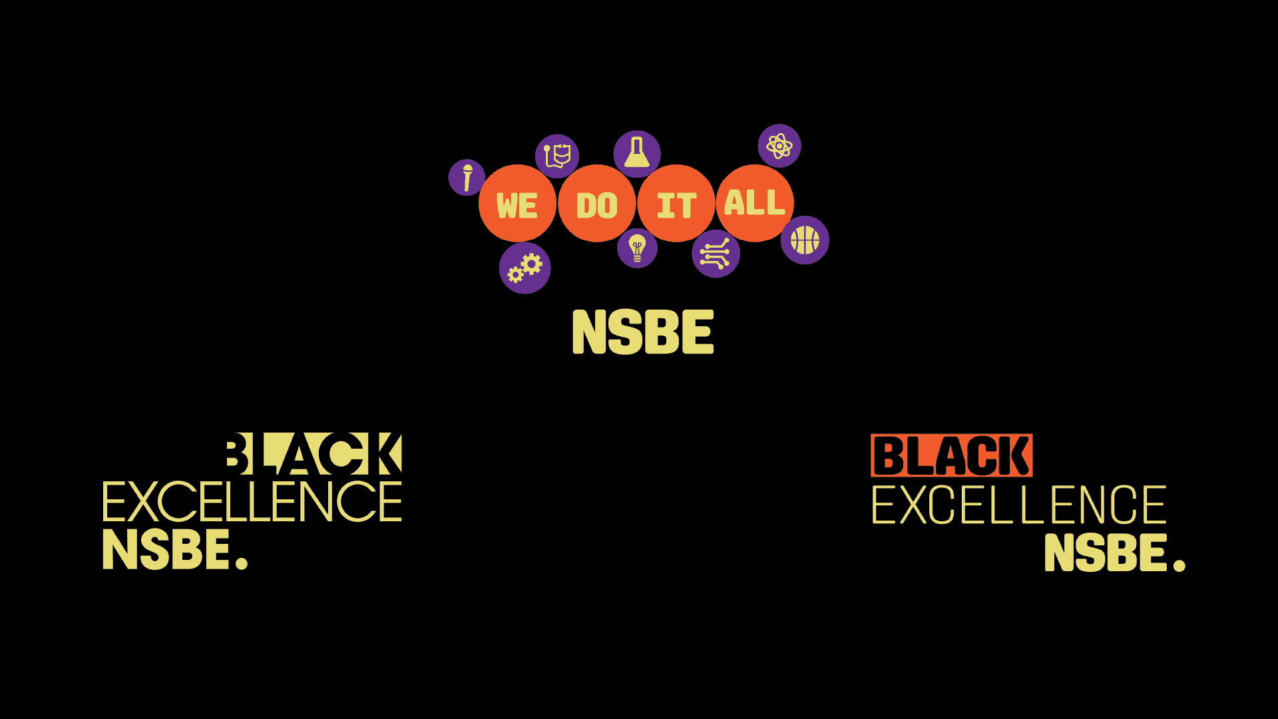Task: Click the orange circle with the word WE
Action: (x=517, y=204)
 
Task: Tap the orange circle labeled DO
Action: (x=597, y=204)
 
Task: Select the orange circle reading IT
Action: (x=676, y=204)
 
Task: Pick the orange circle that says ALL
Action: (x=755, y=202)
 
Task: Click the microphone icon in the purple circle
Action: (x=467, y=177)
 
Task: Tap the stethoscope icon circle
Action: (x=557, y=156)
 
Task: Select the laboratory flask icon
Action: (x=637, y=154)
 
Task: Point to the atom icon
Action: (x=779, y=146)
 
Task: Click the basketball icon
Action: (x=805, y=240)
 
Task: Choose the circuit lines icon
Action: (x=716, y=254)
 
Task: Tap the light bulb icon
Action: (x=637, y=248)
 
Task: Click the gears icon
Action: (x=525, y=268)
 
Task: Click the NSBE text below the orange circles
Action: (x=643, y=332)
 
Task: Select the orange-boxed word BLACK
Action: (x=951, y=455)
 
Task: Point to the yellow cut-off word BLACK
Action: (x=314, y=454)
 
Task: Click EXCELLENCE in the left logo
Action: (x=252, y=501)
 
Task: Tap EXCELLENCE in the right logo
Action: (x=1018, y=505)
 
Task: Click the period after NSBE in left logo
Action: (x=242, y=564)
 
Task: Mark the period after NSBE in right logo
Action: (x=1179, y=566)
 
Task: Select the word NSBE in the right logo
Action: (x=1106, y=553)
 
